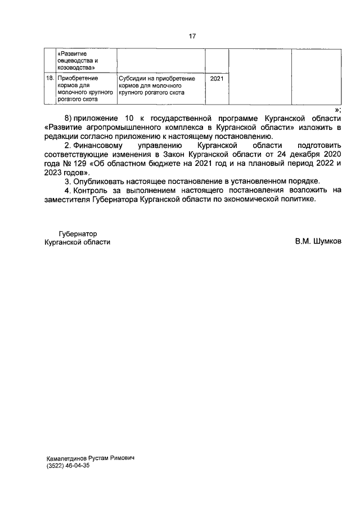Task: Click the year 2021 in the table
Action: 217,79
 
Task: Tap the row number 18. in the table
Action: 49,78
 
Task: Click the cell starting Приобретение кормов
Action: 85,88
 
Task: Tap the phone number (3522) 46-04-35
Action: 68,466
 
